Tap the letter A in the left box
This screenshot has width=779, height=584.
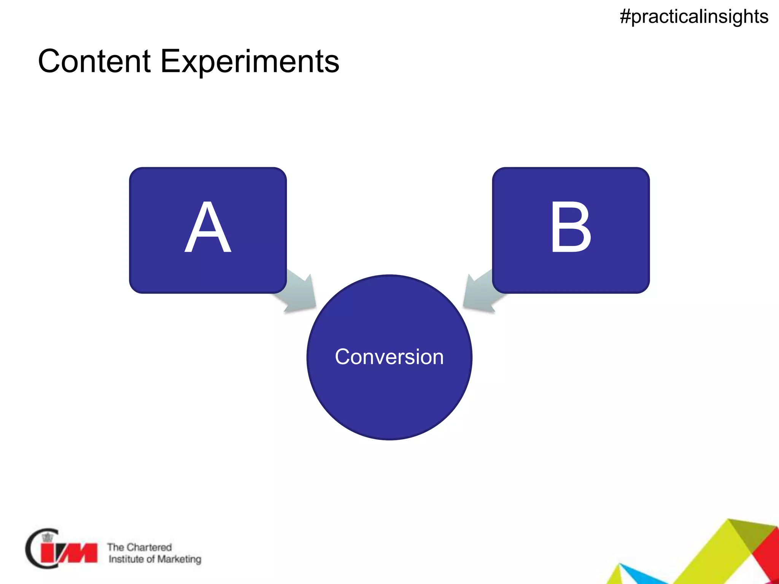click(x=208, y=228)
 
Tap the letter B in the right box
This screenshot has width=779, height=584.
click(x=571, y=228)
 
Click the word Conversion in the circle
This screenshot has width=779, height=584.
click(x=389, y=357)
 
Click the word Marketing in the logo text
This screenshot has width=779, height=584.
click(x=179, y=559)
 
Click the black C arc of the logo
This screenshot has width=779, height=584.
click(x=30, y=549)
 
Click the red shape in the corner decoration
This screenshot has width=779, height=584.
click(x=765, y=555)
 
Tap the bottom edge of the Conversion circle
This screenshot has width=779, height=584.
click(x=389, y=439)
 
